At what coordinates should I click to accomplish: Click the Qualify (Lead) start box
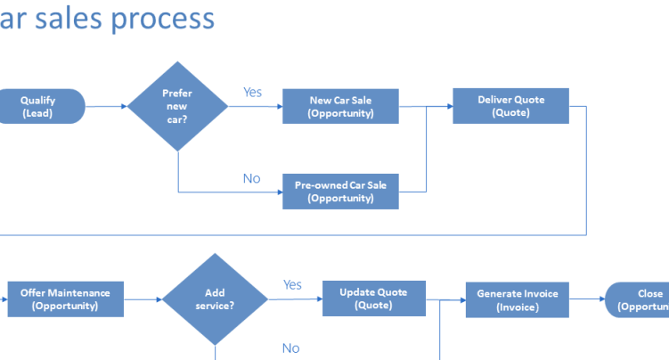point(41,106)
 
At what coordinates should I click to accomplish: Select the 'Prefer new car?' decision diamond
point(177,106)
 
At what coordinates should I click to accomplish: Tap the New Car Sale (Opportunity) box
point(340,106)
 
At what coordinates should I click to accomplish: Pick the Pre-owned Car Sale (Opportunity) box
point(340,192)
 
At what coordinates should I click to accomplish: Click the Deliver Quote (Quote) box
point(510,106)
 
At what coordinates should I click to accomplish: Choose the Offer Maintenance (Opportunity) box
point(66,299)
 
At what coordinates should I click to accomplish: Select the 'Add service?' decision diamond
point(215,299)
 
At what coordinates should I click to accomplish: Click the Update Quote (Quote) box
point(374,299)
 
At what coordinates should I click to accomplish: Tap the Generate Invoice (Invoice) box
point(517,300)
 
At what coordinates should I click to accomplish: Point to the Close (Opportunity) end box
point(637,300)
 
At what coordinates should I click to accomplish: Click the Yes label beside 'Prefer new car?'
point(253,92)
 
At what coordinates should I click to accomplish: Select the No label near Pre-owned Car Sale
point(252,178)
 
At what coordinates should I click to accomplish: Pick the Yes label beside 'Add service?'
point(293,284)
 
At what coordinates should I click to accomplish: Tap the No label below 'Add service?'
point(291,348)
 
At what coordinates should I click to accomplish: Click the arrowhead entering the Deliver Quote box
point(450,106)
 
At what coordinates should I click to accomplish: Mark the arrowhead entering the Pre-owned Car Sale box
point(280,192)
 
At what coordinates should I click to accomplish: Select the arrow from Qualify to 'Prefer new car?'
point(106,106)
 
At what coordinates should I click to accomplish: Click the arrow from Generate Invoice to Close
point(587,299)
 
